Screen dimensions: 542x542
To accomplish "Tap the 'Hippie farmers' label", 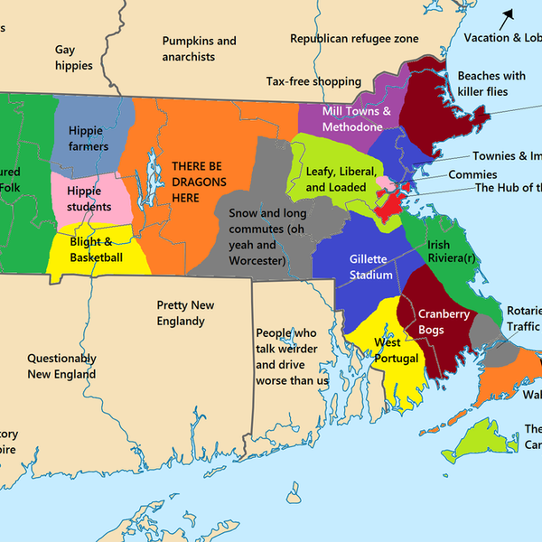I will [x=89, y=138].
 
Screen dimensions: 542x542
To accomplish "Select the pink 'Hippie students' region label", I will [x=89, y=199].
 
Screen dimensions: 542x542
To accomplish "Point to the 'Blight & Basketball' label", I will [x=96, y=249].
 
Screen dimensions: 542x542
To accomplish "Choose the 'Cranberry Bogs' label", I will [x=444, y=322].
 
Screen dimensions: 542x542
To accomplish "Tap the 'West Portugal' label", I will [x=397, y=350].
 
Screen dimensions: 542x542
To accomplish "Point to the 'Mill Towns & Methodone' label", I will [x=357, y=118].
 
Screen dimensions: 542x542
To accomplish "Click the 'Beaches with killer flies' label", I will [x=491, y=84].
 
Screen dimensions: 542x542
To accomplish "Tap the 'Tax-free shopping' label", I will [x=313, y=81].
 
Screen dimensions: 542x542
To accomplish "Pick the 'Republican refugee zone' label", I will [x=354, y=38].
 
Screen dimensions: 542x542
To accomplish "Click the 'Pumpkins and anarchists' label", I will [x=199, y=49].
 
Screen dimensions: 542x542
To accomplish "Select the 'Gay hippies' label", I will [x=74, y=58].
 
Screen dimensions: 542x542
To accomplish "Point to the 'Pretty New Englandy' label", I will [x=181, y=313].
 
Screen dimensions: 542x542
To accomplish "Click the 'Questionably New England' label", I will [x=61, y=366].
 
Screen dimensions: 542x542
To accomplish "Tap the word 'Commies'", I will [x=472, y=174].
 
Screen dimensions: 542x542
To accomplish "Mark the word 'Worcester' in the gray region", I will [x=257, y=260].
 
